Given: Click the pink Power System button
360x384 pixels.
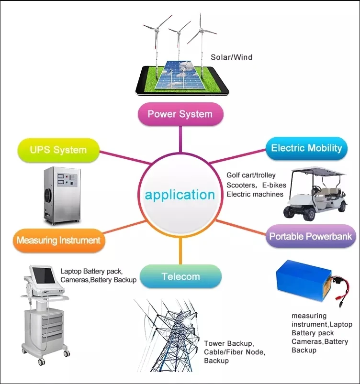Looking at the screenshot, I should (180, 114).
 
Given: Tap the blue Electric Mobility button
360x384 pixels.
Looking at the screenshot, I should (306, 147).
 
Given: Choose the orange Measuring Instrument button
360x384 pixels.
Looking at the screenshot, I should (58, 240).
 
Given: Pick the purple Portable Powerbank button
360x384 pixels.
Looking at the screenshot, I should (310, 236).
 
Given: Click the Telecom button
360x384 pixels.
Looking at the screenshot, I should (180, 276).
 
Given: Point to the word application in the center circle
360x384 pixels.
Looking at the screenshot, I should (180, 195).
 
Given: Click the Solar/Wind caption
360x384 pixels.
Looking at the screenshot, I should (231, 57).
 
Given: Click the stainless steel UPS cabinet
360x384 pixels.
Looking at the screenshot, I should (61, 196).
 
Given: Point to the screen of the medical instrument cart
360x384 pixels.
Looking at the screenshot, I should (44, 276).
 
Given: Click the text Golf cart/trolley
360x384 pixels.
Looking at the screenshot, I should (251, 176).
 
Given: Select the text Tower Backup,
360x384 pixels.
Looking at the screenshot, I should (229, 343).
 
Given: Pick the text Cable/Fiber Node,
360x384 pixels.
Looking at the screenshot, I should (234, 352).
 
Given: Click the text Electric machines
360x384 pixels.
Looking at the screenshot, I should (255, 194).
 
